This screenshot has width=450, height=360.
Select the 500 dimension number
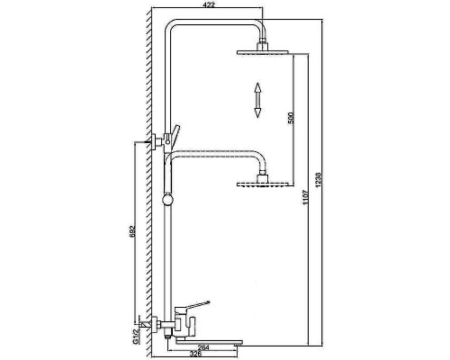tap(288, 119)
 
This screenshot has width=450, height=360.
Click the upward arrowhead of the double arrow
tap(257, 86)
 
